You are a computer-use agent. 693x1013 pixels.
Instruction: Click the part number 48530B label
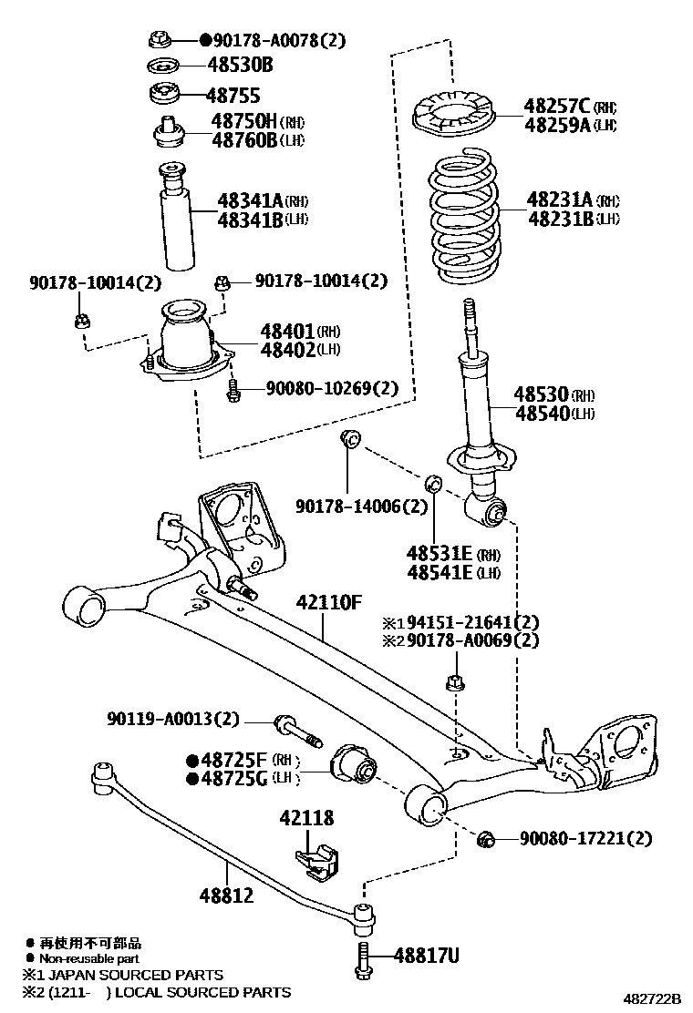[240, 66]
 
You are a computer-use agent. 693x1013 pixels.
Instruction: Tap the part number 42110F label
[328, 602]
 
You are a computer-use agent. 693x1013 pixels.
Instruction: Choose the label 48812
[226, 895]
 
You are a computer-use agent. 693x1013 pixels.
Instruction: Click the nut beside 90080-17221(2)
[486, 837]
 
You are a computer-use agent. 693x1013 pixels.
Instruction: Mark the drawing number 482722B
[652, 998]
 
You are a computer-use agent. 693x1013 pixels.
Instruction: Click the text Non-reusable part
[88, 958]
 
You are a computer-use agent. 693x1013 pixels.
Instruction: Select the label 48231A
[560, 200]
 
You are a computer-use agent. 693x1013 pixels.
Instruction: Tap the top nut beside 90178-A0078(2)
[161, 39]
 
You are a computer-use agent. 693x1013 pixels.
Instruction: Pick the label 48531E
[440, 554]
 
